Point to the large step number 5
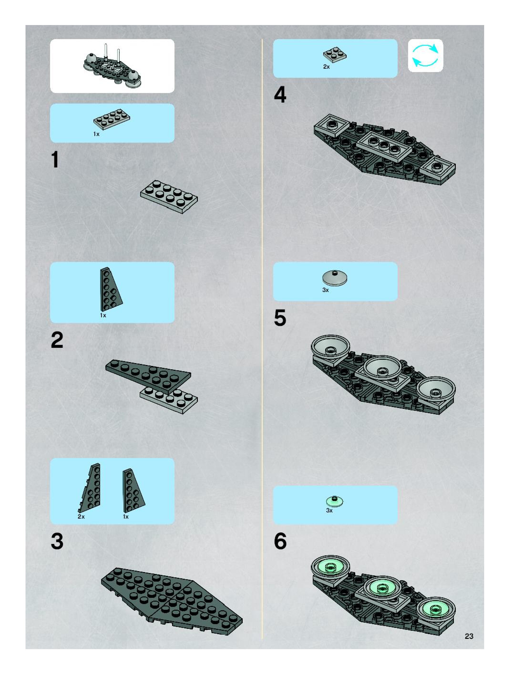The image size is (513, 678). pyautogui.click(x=280, y=318)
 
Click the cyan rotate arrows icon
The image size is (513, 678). pyautogui.click(x=426, y=56)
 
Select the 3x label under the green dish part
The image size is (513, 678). pyautogui.click(x=329, y=510)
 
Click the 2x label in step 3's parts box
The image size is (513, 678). pyautogui.click(x=81, y=516)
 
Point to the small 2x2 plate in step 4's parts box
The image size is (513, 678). pyautogui.click(x=335, y=55)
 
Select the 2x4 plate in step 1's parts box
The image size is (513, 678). pyautogui.click(x=112, y=119)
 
